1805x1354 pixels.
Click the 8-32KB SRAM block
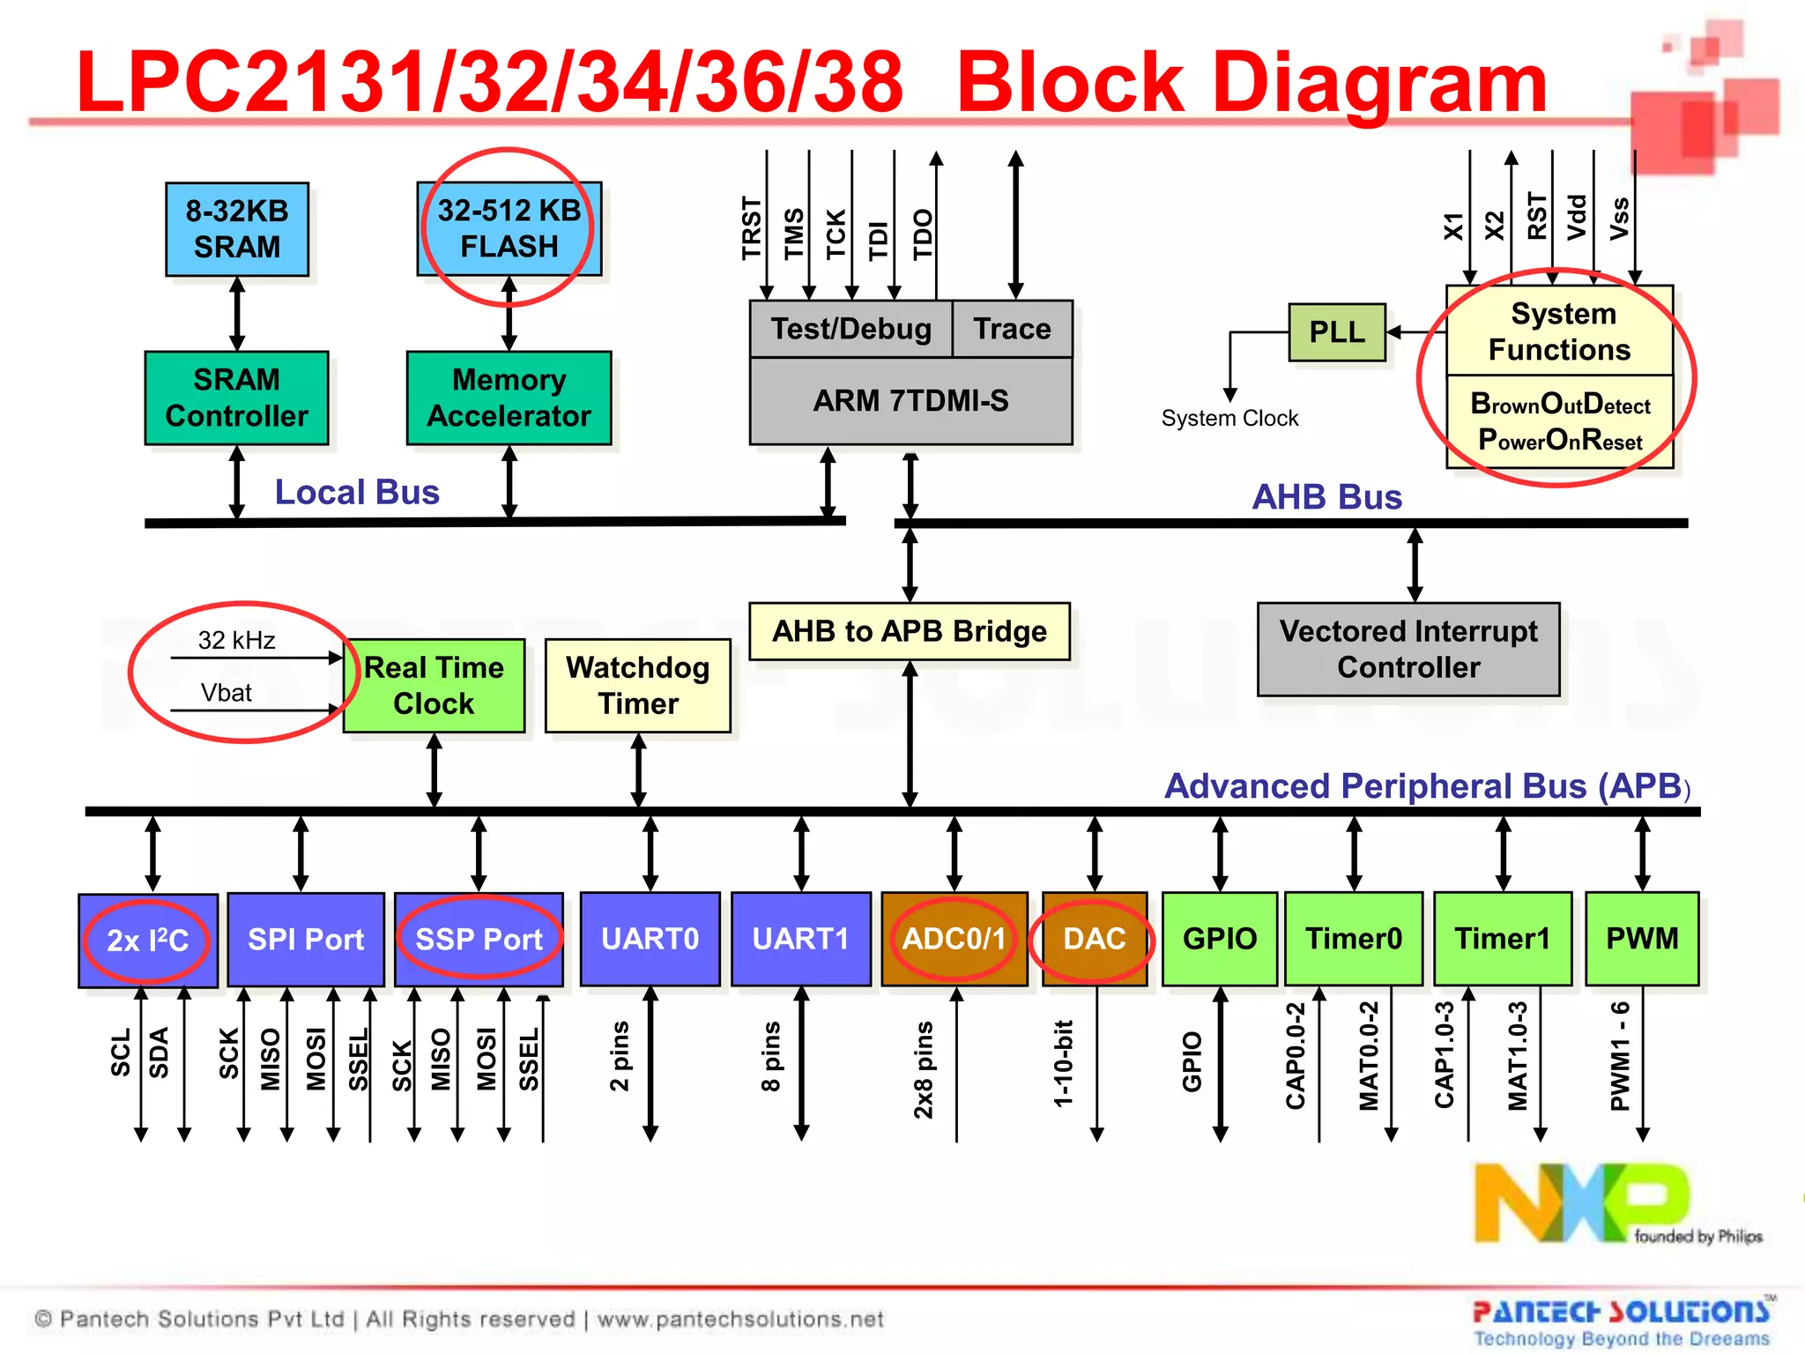click(x=237, y=229)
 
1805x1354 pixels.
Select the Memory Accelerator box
click(x=509, y=398)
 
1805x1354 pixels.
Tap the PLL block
click(x=1336, y=332)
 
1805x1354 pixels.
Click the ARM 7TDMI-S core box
click(x=910, y=401)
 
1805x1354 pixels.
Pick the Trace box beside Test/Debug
click(x=1012, y=329)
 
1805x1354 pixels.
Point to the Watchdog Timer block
click(x=637, y=686)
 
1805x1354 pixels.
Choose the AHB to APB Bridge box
click(x=909, y=631)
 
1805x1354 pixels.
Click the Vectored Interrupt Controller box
click(x=1408, y=650)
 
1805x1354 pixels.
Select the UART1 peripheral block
click(x=800, y=939)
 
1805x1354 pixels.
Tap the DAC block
click(x=1094, y=939)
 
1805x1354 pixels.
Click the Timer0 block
click(x=1353, y=939)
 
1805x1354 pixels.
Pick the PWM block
click(x=1641, y=939)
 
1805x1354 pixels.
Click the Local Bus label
click(x=357, y=492)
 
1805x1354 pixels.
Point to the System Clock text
click(x=1229, y=418)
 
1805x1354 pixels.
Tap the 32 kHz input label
click(x=236, y=640)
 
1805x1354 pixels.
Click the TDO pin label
click(x=922, y=234)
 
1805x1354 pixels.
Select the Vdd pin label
click(x=1577, y=217)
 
